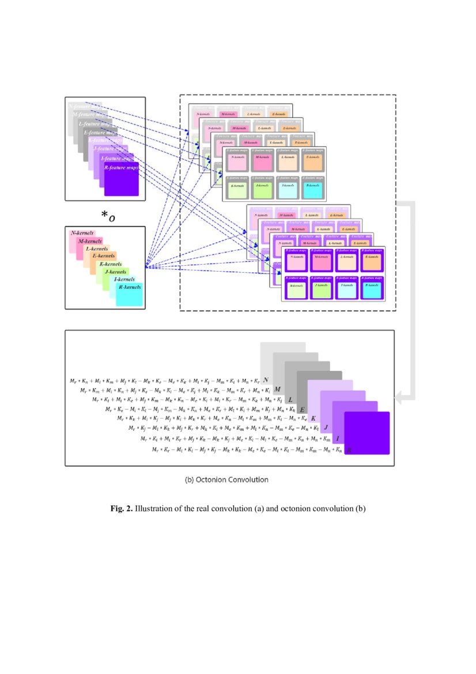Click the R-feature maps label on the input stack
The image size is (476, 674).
point(121,168)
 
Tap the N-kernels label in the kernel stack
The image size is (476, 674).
point(82,233)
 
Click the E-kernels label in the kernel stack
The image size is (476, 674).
point(104,255)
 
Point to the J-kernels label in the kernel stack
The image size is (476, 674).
point(115,270)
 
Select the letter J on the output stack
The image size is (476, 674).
point(326,428)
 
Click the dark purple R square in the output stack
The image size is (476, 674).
point(367,432)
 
